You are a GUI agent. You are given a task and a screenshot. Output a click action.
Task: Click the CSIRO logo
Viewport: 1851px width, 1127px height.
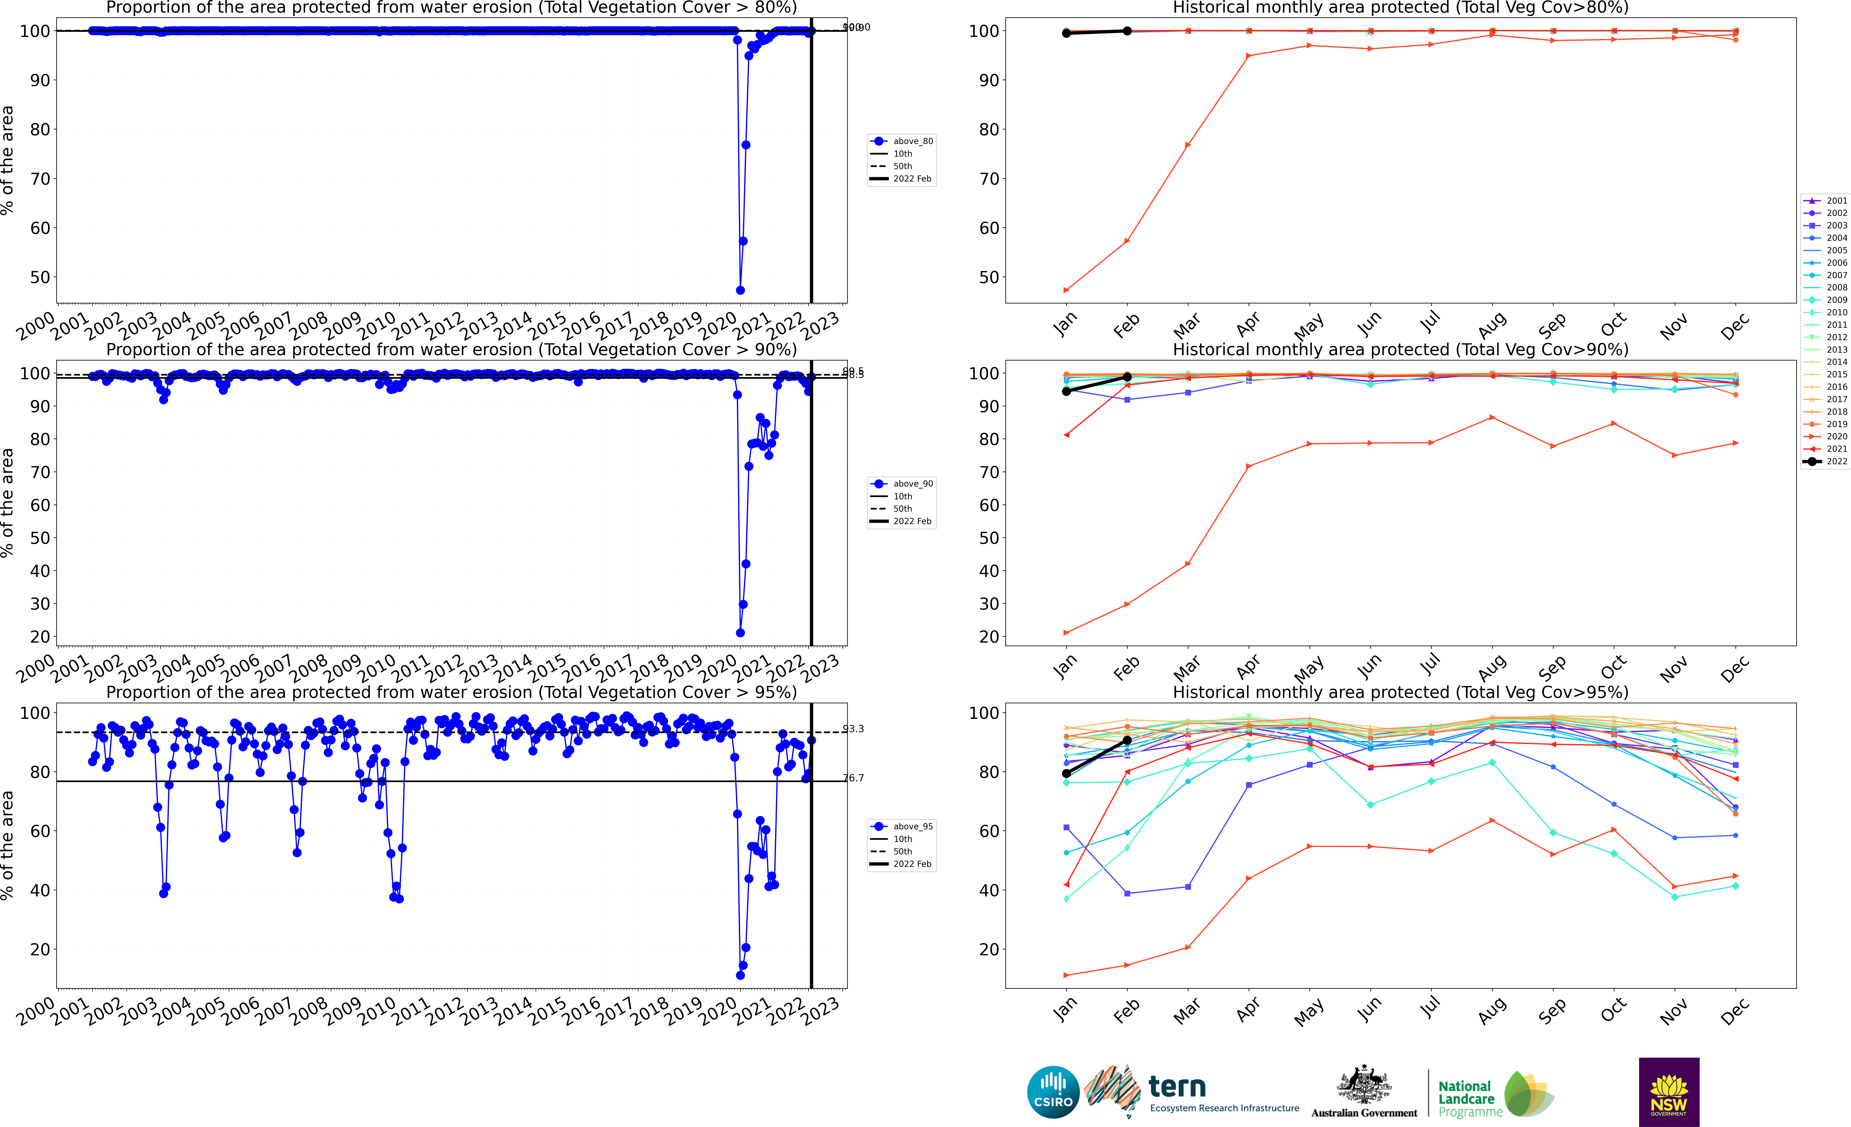(1053, 1092)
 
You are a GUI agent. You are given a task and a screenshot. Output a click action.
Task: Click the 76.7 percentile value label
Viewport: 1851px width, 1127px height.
(853, 778)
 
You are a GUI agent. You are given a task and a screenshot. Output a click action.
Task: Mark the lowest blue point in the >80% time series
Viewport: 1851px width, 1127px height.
(740, 290)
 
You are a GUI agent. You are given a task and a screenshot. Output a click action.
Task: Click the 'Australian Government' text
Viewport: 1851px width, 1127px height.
(1364, 1113)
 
